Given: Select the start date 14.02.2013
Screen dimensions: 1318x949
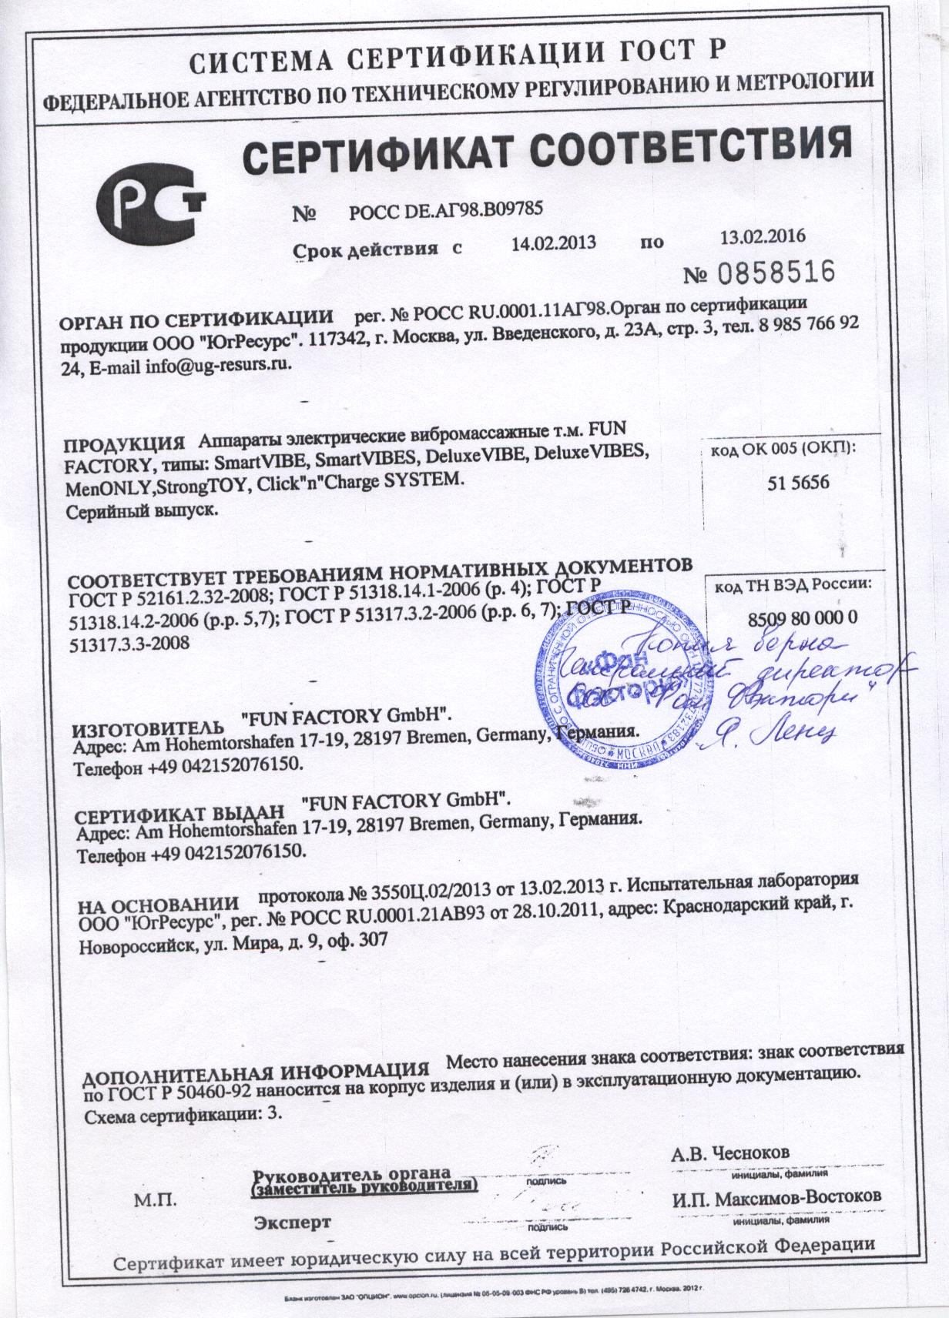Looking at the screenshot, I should pyautogui.click(x=554, y=243).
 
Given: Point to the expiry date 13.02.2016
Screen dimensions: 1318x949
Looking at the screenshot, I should pyautogui.click(x=763, y=236).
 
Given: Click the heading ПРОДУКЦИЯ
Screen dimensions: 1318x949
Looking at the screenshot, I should pyautogui.click(x=126, y=446).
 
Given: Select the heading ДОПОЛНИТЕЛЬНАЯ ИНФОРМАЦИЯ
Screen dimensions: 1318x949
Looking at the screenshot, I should pyautogui.click(x=255, y=1072).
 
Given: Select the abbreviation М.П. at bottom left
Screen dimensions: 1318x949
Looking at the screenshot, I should pyautogui.click(x=156, y=1200).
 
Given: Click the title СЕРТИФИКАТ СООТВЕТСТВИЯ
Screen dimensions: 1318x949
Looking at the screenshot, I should pyautogui.click(x=547, y=149).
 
